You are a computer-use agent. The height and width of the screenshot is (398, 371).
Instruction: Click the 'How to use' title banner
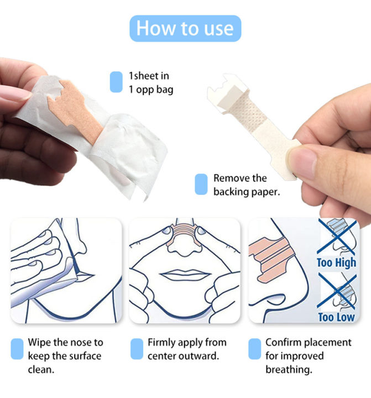click(185, 28)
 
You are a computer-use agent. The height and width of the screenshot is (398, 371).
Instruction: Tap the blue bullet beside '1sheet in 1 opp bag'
click(116, 82)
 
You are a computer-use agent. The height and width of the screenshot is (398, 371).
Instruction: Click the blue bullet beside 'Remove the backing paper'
click(201, 184)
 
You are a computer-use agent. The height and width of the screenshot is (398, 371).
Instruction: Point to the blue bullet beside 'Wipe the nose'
click(17, 349)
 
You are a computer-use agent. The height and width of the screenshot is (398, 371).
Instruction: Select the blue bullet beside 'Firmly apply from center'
click(137, 349)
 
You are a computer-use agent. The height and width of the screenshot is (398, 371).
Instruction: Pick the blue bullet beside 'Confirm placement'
click(254, 349)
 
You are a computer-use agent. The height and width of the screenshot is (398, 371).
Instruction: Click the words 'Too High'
click(337, 262)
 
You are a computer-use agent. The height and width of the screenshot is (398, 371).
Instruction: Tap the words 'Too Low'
click(337, 317)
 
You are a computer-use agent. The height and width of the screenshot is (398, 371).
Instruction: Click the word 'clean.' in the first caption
click(41, 369)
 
